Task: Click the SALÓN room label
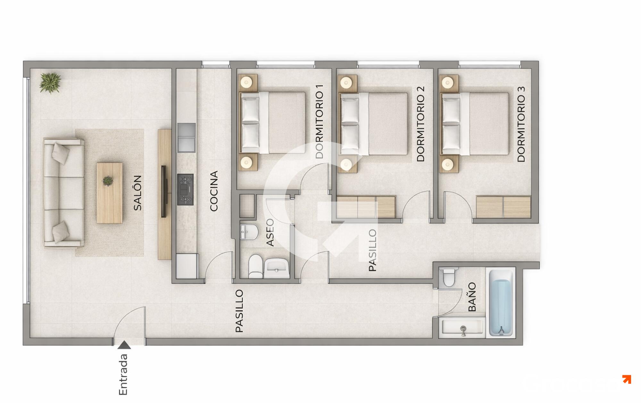[137, 193]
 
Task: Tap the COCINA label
[214, 191]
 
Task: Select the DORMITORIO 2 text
[420, 124]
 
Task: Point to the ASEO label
[270, 233]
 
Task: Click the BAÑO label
[472, 297]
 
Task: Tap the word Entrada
[123, 374]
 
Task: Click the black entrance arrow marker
[124, 345]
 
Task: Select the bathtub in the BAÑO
[501, 303]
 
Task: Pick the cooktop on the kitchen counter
[186, 190]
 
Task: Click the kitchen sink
[186, 138]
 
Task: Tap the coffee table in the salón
[110, 193]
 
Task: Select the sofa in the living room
[64, 193]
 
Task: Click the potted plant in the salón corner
[50, 83]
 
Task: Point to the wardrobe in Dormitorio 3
[504, 207]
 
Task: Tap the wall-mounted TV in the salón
[163, 192]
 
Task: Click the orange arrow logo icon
[627, 380]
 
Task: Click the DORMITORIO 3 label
[521, 124]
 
